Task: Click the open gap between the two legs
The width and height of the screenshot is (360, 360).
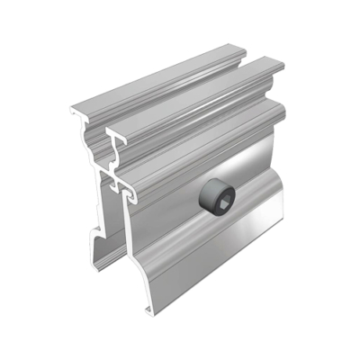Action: coord(115,243)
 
